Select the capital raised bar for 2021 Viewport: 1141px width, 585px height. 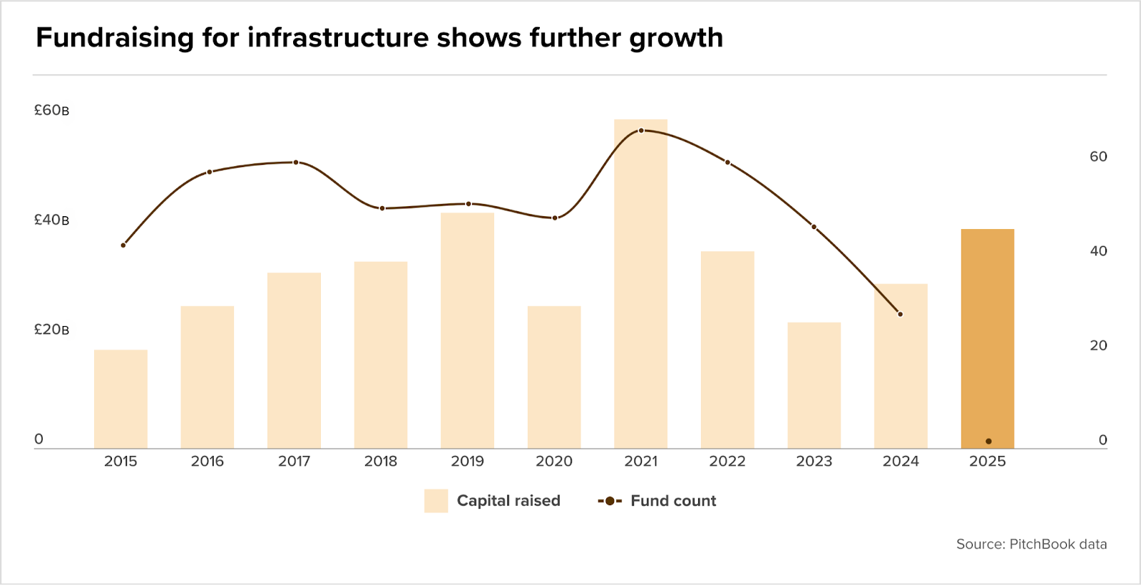(640, 285)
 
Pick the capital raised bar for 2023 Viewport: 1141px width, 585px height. (814, 385)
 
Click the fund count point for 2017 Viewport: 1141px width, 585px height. (296, 163)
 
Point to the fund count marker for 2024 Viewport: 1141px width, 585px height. (900, 314)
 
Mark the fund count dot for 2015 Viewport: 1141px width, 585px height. (123, 245)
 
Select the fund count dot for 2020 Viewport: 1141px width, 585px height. (555, 218)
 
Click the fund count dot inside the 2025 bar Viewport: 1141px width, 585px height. (988, 442)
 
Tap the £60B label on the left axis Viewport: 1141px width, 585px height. (51, 111)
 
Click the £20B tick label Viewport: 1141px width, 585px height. (51, 330)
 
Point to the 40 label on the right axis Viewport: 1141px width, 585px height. (1098, 251)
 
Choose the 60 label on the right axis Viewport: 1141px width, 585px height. (1098, 157)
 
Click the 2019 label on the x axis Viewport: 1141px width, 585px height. (467, 462)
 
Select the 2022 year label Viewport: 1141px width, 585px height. (727, 462)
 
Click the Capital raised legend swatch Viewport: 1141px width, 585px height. (436, 501)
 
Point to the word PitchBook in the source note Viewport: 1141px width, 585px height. (1042, 544)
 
